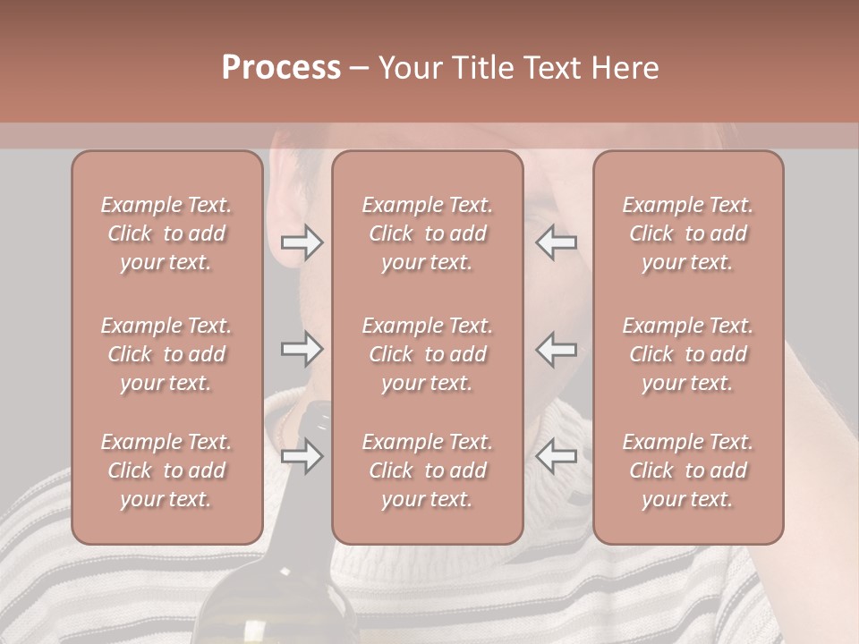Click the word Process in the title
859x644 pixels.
pos(281,68)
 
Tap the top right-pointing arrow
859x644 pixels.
pos(302,242)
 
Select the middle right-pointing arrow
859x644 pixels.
pos(302,349)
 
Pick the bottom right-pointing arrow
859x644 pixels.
pos(302,457)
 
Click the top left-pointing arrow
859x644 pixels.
pos(556,242)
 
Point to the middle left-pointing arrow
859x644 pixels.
pos(556,349)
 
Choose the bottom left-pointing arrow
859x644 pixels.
pos(556,457)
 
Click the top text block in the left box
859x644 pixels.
pos(166,233)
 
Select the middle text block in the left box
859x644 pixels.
pos(166,354)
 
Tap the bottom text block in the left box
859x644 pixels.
pos(166,470)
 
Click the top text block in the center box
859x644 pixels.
pos(427,233)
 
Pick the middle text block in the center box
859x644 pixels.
pos(427,354)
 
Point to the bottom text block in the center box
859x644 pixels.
pos(427,470)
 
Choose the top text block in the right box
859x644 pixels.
pos(687,233)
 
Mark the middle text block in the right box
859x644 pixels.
pos(687,354)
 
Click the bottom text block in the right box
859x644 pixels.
pos(687,470)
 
